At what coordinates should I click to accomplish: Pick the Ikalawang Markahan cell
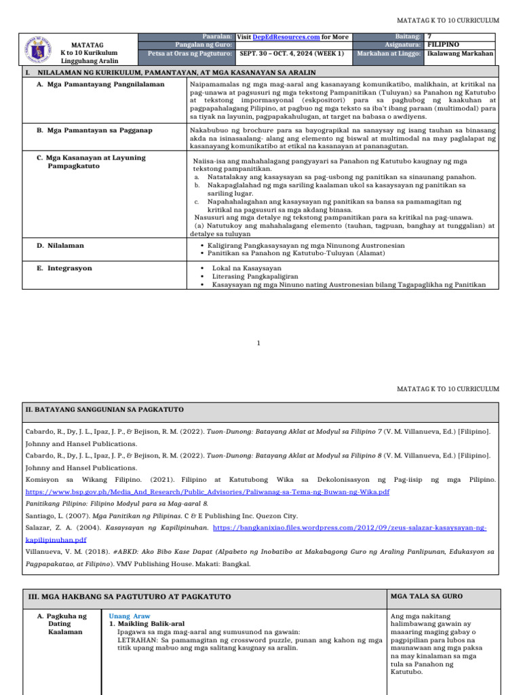tap(460, 54)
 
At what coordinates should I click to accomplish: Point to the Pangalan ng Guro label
tap(203, 45)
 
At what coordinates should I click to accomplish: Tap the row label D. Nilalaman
tap(66, 246)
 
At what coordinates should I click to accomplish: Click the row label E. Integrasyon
tap(69, 268)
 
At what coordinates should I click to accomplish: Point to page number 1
tap(258, 343)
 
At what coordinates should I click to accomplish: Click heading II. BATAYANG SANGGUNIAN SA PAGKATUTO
tap(104, 410)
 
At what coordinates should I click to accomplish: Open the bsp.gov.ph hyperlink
tap(208, 491)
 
